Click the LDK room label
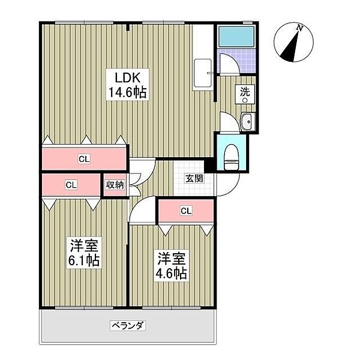[127, 77]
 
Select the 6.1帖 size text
[84, 261]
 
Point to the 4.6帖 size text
[172, 274]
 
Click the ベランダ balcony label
[128, 326]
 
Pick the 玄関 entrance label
[193, 178]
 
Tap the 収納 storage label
[115, 185]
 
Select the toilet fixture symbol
[231, 159]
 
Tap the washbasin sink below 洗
[246, 122]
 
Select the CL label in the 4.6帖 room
[186, 211]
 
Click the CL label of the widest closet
[84, 159]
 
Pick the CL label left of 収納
[71, 185]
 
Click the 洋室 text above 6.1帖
[84, 245]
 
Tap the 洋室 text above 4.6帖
[172, 258]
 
